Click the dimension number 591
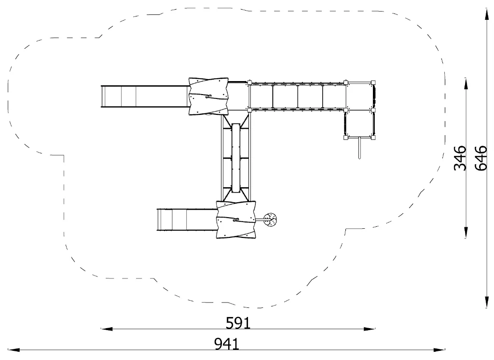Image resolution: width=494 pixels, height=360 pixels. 238,323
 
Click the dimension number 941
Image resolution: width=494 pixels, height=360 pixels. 227,344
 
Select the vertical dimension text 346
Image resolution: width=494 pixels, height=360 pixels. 460,158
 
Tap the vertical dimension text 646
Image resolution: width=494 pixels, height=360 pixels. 481,158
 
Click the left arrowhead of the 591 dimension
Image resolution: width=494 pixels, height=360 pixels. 107,329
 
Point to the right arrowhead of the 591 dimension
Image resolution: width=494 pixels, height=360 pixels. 369,329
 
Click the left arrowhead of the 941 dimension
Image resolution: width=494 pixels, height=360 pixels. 14,349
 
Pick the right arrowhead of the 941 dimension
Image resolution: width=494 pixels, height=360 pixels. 439,349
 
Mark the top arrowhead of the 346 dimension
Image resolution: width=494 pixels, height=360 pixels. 466,83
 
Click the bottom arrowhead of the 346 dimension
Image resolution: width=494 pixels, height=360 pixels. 466,232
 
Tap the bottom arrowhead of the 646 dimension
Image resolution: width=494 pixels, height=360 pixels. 487,302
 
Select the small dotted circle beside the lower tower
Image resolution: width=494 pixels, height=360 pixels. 270,220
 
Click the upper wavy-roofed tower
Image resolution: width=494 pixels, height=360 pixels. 208,96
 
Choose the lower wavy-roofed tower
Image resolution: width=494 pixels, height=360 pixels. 235,220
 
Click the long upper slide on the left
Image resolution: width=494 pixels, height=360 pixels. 145,96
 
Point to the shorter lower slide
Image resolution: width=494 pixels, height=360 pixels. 187,220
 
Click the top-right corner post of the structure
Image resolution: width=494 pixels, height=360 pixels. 373,83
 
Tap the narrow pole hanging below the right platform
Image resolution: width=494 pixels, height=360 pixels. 359,148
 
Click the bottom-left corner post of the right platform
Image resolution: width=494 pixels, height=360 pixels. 346,138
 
